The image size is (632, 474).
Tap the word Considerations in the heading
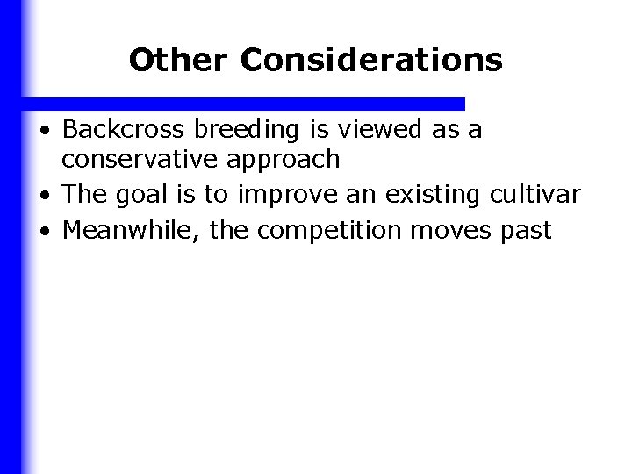[371, 60]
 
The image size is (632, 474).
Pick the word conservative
[140, 159]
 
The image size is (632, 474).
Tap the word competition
[332, 232]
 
